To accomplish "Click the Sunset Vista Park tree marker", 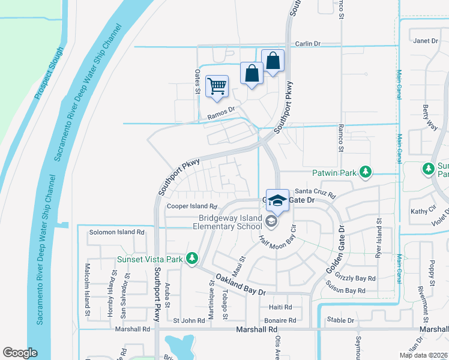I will [x=192, y=259].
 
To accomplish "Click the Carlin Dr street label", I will [x=309, y=44].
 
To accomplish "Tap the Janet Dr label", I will [x=426, y=41].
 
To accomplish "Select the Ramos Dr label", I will [x=219, y=115].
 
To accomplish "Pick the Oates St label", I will [x=197, y=80].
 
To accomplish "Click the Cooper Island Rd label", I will [x=191, y=206].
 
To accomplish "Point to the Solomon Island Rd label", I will [x=117, y=232].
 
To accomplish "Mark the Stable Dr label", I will [x=342, y=320].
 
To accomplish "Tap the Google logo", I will [x=20, y=353].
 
